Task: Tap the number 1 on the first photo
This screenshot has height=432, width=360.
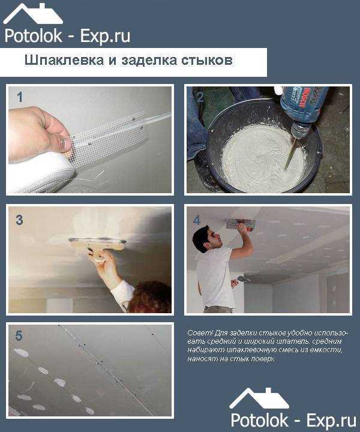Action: click(x=20, y=97)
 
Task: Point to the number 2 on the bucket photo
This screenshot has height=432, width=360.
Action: click(x=199, y=97)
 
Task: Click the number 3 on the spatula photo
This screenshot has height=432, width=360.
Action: click(x=19, y=220)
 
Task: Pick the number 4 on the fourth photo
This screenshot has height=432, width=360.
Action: click(x=196, y=220)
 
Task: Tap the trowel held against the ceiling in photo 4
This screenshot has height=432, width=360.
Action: click(x=241, y=224)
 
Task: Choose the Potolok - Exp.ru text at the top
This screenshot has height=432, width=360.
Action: click(x=67, y=35)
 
